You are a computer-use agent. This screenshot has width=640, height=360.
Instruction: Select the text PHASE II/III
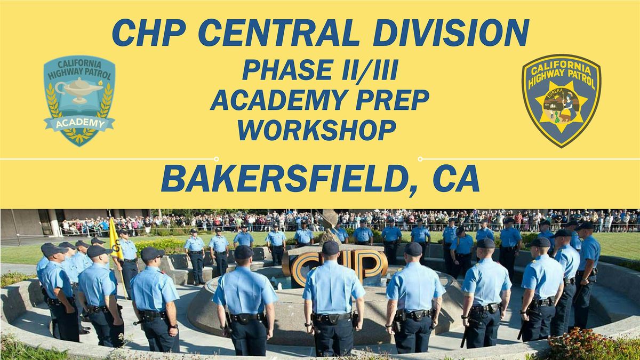coord(319,70)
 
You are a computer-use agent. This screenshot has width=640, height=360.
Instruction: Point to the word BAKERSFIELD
coord(285,180)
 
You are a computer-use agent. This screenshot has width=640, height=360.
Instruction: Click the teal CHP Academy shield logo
coord(79,100)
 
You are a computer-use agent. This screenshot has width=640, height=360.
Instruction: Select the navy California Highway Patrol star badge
coord(561,100)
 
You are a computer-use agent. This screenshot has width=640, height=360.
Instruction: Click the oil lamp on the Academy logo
coord(78,87)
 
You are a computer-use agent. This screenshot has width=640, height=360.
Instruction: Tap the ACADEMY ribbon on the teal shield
coord(79,124)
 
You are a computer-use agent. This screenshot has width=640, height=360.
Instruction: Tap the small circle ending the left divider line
coord(216,158)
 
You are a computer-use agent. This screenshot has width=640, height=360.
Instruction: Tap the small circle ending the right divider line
coord(420,158)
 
